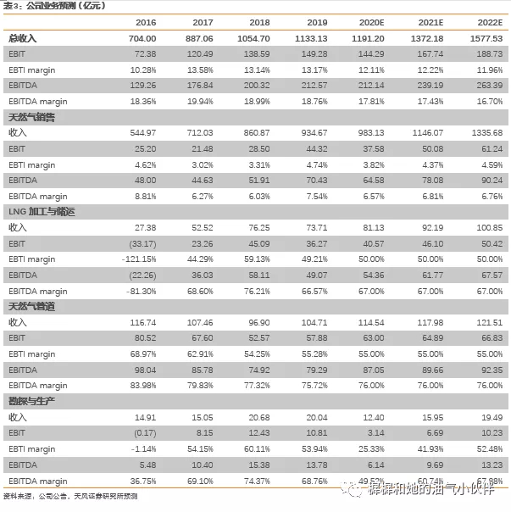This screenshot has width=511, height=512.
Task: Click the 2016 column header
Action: tap(145, 23)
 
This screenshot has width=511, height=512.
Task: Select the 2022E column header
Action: tap(489, 23)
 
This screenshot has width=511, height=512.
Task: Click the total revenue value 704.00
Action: tap(142, 39)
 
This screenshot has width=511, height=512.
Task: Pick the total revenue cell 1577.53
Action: tap(486, 39)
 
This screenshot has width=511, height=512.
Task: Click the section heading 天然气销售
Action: tap(31, 118)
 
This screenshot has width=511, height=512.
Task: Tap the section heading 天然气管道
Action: tap(31, 307)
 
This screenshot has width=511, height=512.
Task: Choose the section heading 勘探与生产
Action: tap(31, 401)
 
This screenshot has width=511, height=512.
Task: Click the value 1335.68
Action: tap(486, 133)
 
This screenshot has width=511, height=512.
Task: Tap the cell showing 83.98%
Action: tap(142, 386)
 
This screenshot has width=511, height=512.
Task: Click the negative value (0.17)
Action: tap(144, 433)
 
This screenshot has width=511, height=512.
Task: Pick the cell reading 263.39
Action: tap(487, 86)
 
